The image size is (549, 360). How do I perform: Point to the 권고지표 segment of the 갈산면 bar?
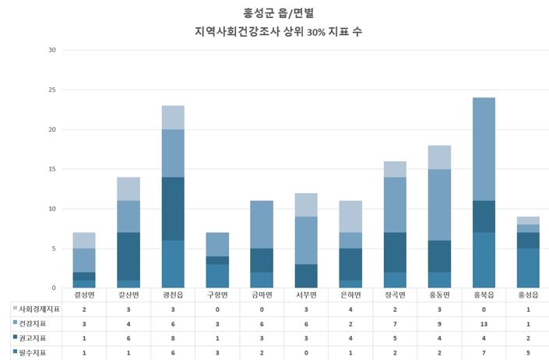(128, 256)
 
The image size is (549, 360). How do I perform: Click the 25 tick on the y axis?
(51, 90)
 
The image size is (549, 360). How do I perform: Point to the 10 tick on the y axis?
(51, 209)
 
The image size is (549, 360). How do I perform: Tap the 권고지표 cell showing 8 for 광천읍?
(173, 338)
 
